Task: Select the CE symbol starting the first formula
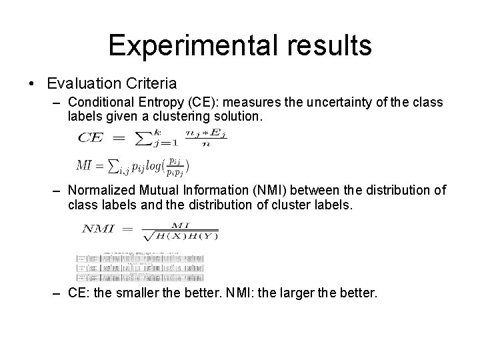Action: [x=91, y=138]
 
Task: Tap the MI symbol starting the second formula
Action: [x=85, y=164]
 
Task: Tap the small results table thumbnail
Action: [x=139, y=267]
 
